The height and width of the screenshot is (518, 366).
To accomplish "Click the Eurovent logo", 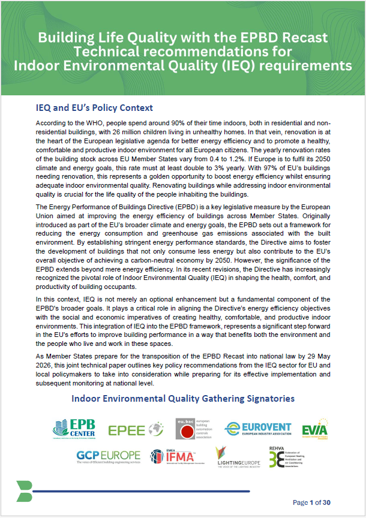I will point(258,429).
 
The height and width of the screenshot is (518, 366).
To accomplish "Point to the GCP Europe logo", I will point(108,457).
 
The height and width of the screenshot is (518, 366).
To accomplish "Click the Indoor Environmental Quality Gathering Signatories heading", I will point(182,398).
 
